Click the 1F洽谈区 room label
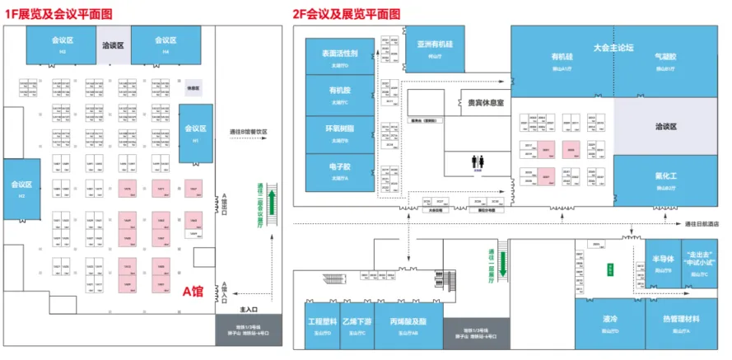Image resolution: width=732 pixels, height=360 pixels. coord(114,45)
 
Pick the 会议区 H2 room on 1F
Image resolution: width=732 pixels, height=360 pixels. coord(21,190)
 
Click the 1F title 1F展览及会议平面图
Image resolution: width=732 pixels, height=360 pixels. coord(59,12)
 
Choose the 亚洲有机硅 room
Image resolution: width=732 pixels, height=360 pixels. coord(434,47)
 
